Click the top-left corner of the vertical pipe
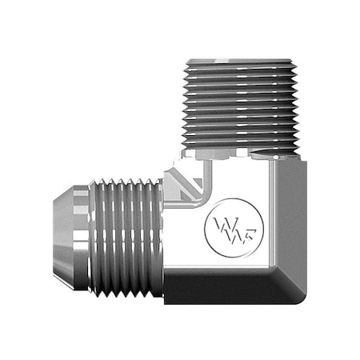point(186,59)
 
